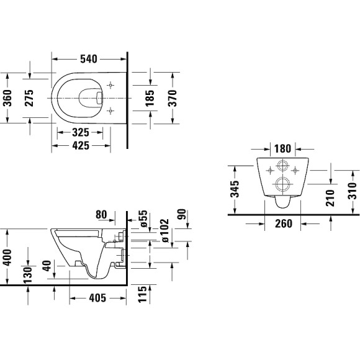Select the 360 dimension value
tap(7, 96)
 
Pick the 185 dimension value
tap(150, 97)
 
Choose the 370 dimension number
tap(173, 97)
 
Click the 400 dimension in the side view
tap(7, 255)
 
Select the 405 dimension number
tap(96, 298)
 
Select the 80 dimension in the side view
tap(102, 214)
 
